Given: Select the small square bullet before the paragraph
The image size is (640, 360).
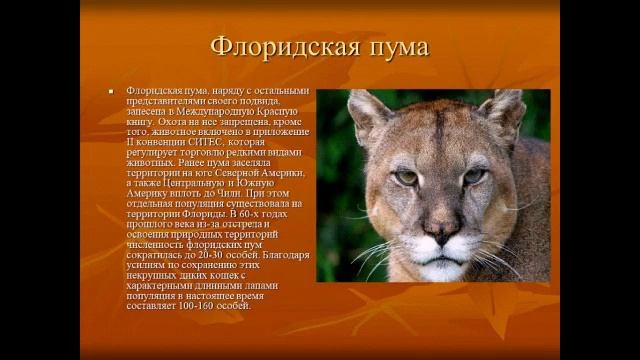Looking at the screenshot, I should [x=112, y=91].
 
